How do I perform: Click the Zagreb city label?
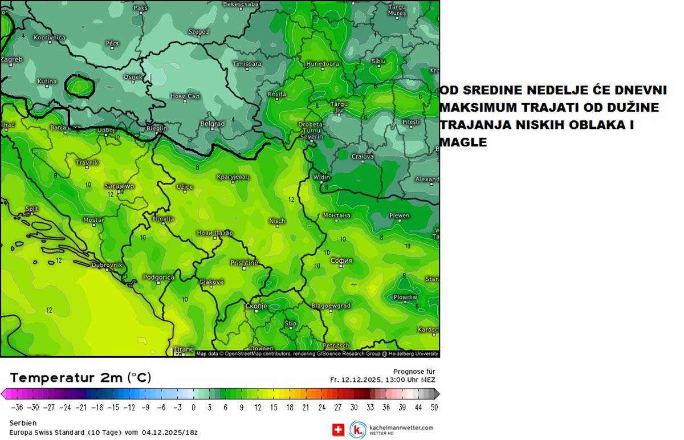(x=12, y=59)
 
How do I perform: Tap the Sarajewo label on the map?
(x=119, y=186)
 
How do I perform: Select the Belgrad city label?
(x=213, y=124)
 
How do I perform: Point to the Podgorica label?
(x=158, y=277)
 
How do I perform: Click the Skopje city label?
(x=256, y=306)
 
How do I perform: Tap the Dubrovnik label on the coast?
(x=107, y=265)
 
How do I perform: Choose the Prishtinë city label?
(x=244, y=263)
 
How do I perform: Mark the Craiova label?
(x=363, y=156)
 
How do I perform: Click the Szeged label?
(x=198, y=32)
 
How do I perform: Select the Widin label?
(x=321, y=177)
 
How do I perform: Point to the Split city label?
(x=32, y=209)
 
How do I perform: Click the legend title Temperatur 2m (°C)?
(x=80, y=378)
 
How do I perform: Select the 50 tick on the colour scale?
(x=434, y=407)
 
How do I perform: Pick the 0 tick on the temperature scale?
(x=193, y=407)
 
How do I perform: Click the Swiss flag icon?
(x=339, y=430)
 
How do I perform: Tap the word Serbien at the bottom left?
(x=23, y=423)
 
